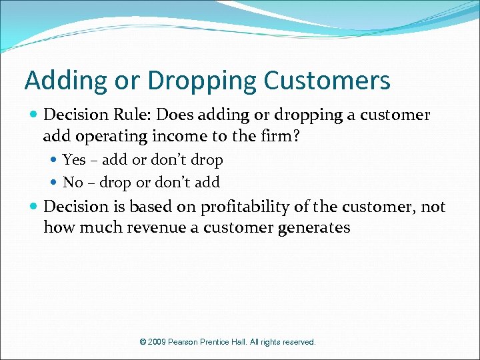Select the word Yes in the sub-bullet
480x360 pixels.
tap(74, 160)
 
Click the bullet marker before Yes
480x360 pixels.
tap(55, 161)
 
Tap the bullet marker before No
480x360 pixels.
tap(55, 183)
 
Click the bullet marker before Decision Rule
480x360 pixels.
tap(35, 115)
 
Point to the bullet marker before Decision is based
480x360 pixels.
tap(35, 207)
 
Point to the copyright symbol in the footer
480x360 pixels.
tap(143, 342)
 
